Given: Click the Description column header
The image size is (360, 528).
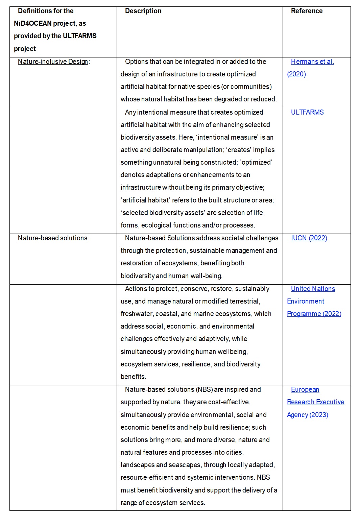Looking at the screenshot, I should pyautogui.click(x=143, y=11).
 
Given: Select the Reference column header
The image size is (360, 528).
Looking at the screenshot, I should pyautogui.click(x=307, y=11).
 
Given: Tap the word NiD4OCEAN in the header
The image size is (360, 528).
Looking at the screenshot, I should pyautogui.click(x=32, y=23).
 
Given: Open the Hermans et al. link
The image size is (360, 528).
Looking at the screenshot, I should pyautogui.click(x=312, y=62).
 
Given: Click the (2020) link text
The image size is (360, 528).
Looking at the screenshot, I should pyautogui.click(x=296, y=74).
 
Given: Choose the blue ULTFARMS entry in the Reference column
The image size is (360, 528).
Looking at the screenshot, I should pyautogui.click(x=307, y=112).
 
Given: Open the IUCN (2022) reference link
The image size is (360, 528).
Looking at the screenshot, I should pyautogui.click(x=309, y=238).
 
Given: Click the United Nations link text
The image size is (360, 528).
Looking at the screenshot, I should pyautogui.click(x=313, y=289).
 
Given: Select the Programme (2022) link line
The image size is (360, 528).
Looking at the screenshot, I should pyautogui.click(x=314, y=314).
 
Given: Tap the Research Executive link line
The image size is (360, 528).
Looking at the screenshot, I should pyautogui.click(x=315, y=402).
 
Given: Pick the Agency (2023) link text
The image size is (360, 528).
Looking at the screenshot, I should pyautogui.click(x=308, y=415).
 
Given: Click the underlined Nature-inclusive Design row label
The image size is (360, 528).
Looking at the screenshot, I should pyautogui.click(x=53, y=62).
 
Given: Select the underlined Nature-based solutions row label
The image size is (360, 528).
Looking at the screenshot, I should pyautogui.click(x=52, y=238).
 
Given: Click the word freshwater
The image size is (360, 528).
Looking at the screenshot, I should pyautogui.click(x=137, y=314).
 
